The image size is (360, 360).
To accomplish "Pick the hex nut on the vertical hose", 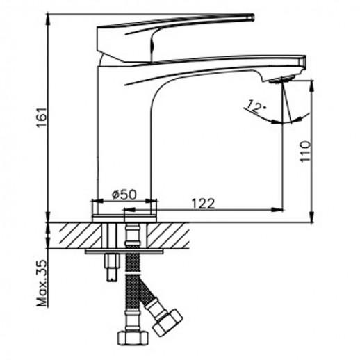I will click(x=132, y=338).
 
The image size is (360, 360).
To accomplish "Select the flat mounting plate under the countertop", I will click(x=125, y=252).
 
